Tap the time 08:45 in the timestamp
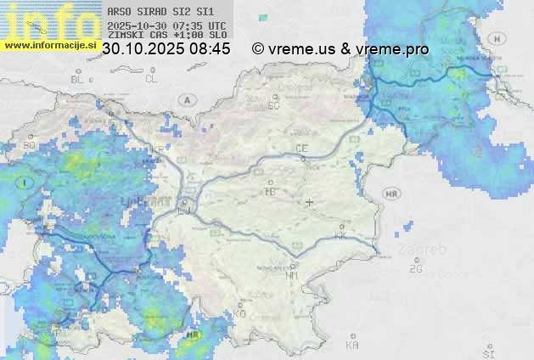point(210,49)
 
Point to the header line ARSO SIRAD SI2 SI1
point(161,12)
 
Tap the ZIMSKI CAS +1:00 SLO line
point(166,37)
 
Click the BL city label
point(78,79)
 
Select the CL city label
point(151,79)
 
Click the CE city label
point(301,149)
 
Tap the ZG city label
point(415,269)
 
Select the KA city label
point(352,346)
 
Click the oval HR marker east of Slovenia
point(392,194)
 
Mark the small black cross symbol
point(310,202)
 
